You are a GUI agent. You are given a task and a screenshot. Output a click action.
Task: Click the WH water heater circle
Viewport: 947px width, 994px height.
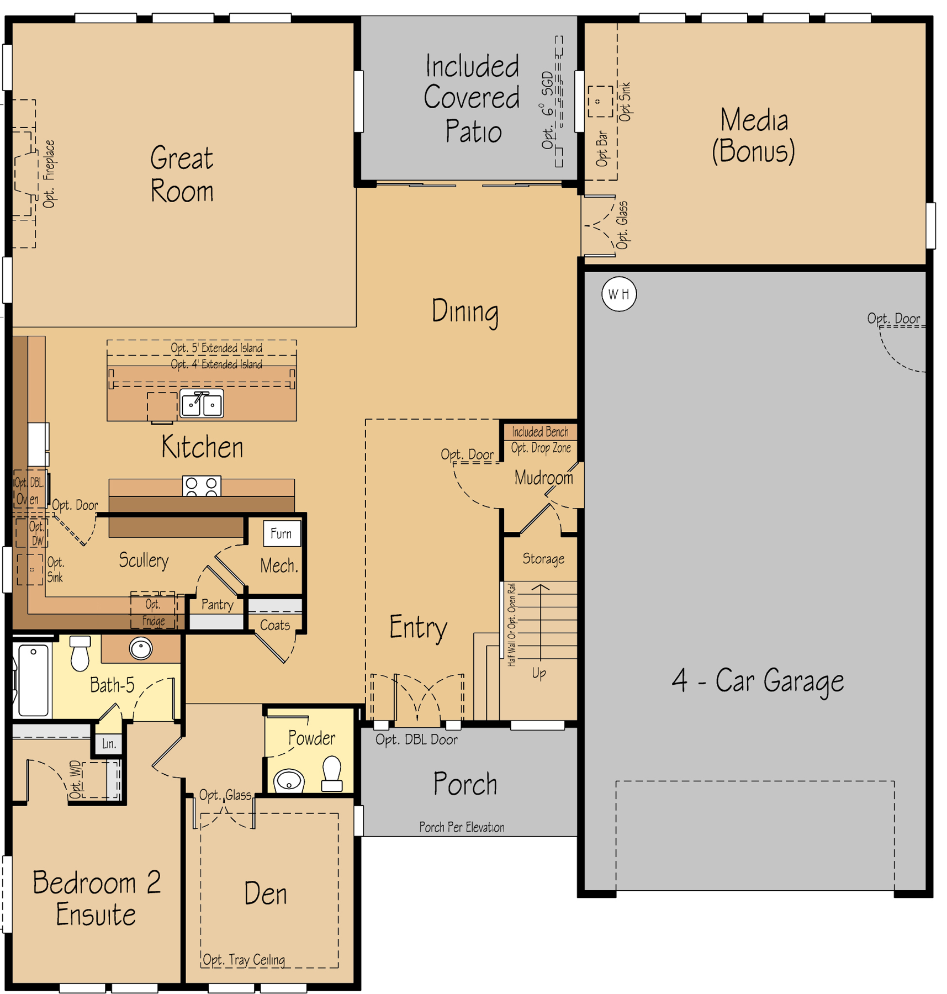[x=618, y=294]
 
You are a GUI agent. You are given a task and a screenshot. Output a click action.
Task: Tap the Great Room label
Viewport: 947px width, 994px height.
[x=182, y=174]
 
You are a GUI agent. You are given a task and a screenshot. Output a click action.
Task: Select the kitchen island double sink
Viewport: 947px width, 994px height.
[x=202, y=403]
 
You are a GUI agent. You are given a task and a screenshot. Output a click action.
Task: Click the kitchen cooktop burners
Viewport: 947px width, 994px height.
[x=202, y=486]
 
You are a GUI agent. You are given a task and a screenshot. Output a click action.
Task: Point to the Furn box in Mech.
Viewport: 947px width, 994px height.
[x=282, y=533]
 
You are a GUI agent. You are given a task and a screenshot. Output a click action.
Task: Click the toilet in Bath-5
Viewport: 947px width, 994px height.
[x=80, y=653]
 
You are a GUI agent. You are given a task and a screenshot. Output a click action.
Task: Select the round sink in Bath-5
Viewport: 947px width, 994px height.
[x=141, y=648]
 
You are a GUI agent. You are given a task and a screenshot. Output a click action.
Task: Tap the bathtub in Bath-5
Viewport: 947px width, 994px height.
[x=33, y=680]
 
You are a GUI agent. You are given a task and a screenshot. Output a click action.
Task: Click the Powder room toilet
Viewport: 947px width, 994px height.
[x=332, y=774]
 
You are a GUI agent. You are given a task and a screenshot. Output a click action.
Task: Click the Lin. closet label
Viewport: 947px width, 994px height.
[x=109, y=744]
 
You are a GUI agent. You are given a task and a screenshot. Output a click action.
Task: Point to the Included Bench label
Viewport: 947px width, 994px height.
[x=539, y=432]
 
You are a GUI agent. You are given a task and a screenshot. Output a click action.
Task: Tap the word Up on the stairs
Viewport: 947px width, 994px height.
[x=539, y=673]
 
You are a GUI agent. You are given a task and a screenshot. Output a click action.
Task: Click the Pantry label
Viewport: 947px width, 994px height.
[x=217, y=605]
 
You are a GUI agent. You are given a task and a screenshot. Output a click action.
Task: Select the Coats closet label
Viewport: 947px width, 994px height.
[x=275, y=625]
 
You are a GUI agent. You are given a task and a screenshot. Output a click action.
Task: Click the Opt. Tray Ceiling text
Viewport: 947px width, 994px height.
[x=244, y=960]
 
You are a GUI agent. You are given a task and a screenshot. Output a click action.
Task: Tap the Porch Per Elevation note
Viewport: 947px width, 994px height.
[x=462, y=827]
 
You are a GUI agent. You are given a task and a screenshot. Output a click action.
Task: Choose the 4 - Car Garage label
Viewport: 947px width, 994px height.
[x=758, y=680]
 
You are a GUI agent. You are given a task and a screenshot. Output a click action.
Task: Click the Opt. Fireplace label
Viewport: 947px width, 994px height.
[x=49, y=174]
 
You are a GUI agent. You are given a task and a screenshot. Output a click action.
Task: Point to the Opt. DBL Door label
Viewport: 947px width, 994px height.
[x=416, y=740]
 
